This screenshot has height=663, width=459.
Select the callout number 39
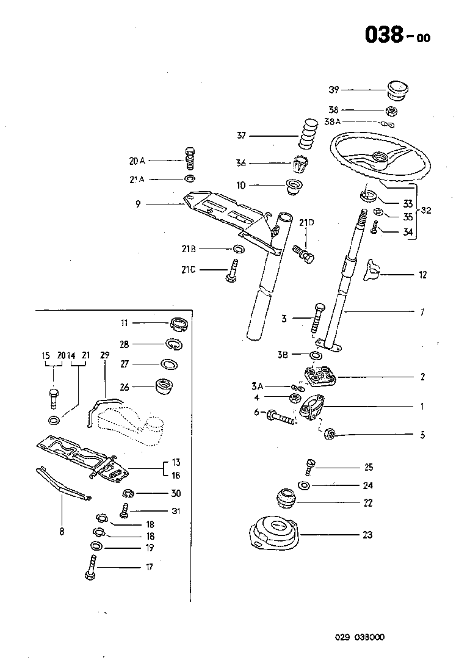333,90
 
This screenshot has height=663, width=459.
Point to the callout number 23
367,535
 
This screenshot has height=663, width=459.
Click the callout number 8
62,531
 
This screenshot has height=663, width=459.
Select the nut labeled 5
328,434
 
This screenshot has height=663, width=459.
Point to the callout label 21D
306,223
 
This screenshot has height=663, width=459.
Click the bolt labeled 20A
190,159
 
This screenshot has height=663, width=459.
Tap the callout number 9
138,205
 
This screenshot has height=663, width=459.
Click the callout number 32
426,211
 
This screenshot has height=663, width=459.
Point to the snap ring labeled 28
173,345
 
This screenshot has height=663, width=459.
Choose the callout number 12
422,275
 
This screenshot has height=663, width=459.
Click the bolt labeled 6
280,419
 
